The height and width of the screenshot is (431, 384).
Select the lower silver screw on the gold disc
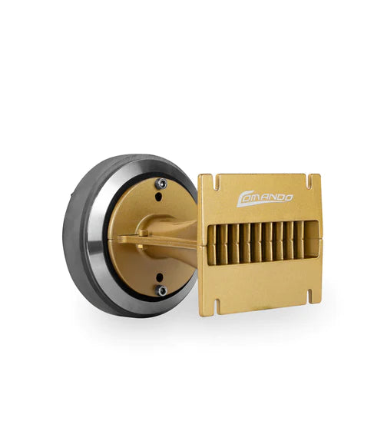(x=162, y=290)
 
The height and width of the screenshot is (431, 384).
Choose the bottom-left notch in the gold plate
(x=217, y=306)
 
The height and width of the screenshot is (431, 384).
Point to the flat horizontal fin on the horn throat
(x=165, y=246)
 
